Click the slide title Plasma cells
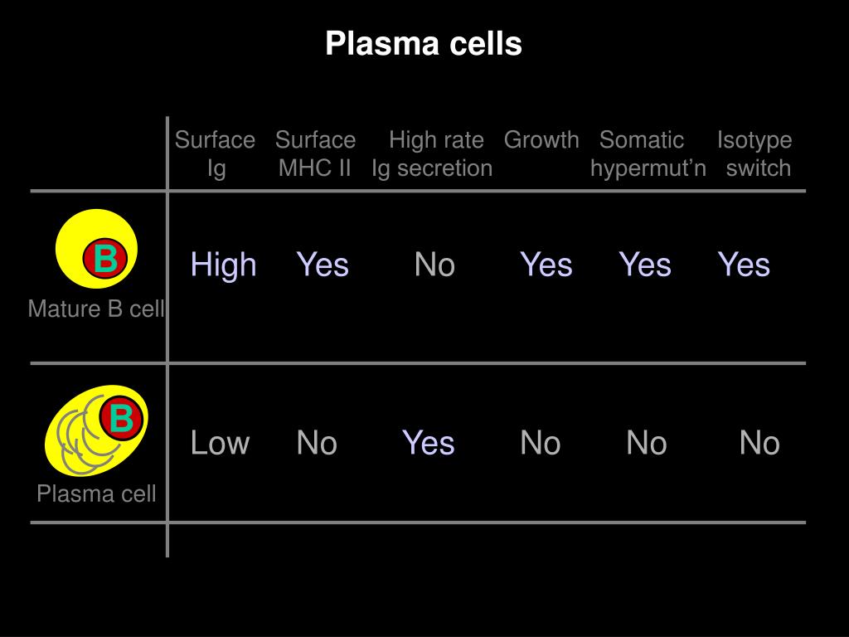click(x=424, y=43)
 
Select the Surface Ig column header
click(x=215, y=153)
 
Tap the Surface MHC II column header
click(x=315, y=153)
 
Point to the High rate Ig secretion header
click(x=433, y=153)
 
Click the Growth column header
click(x=541, y=139)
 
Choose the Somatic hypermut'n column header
click(x=648, y=153)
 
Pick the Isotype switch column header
click(x=755, y=153)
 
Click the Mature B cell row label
click(x=96, y=309)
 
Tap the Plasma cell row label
click(x=96, y=494)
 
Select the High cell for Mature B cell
click(x=223, y=265)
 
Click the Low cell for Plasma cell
click(x=220, y=443)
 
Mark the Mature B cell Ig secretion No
click(x=434, y=265)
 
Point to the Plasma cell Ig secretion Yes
click(x=429, y=443)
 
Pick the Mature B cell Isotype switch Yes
click(x=744, y=265)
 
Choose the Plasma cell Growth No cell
click(x=541, y=443)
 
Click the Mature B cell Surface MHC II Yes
click(x=323, y=265)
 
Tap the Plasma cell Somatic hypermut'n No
click(x=647, y=443)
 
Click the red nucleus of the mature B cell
click(x=104, y=260)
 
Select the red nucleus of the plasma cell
click(x=122, y=418)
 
